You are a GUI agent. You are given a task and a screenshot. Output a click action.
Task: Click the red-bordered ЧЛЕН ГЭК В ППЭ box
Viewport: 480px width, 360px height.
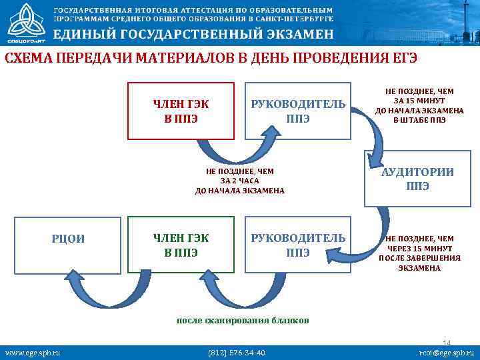click(181, 111)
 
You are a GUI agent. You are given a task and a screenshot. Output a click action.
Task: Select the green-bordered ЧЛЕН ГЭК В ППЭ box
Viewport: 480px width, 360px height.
click(181, 244)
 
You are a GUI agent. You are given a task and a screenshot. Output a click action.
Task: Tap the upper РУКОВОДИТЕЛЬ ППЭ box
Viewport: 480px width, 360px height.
click(297, 111)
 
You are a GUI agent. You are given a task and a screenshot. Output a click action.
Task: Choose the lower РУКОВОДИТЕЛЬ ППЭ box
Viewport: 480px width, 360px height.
click(297, 244)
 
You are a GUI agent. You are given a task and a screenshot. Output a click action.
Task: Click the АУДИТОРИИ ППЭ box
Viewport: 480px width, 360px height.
click(417, 178)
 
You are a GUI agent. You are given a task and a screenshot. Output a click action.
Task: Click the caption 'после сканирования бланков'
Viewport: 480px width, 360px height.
click(243, 320)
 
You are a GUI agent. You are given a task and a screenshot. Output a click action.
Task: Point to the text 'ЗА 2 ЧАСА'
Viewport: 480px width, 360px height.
click(239, 181)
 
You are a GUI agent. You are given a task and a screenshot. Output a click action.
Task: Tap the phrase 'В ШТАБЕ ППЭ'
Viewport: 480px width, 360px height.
click(419, 121)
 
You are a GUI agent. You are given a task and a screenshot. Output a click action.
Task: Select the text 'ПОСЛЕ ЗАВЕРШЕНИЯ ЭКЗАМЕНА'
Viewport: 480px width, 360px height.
click(419, 263)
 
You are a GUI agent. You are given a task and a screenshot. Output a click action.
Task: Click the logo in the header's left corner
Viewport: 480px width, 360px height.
click(23, 23)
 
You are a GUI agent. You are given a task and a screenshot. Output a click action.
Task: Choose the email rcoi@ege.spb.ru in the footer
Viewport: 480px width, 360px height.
click(445, 352)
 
